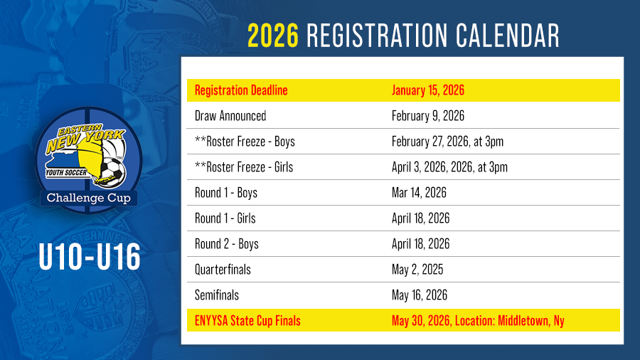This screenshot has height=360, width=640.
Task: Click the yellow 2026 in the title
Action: [273, 36]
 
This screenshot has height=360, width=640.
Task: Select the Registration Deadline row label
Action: [241, 90]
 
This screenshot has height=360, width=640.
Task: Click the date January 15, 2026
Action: [428, 90]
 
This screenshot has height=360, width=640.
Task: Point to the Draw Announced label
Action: [230, 116]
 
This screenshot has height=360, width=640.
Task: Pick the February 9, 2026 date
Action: [428, 116]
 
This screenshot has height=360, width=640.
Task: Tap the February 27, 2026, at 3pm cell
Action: [447, 142]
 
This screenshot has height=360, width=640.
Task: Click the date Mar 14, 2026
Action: [419, 193]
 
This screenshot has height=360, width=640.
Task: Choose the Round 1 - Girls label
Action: [225, 218]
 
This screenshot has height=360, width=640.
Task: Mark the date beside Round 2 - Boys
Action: [420, 244]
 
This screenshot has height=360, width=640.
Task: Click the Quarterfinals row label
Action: [223, 270]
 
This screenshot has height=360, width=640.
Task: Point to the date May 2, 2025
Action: [417, 270]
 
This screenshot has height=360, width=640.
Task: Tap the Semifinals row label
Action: [217, 295]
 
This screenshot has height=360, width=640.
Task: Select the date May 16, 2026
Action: [419, 295]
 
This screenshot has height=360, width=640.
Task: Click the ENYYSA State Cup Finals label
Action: [247, 321]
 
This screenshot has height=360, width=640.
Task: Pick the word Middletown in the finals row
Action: [523, 321]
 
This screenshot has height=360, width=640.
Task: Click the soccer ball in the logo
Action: [113, 172]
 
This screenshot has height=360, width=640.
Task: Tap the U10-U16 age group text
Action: [90, 257]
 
